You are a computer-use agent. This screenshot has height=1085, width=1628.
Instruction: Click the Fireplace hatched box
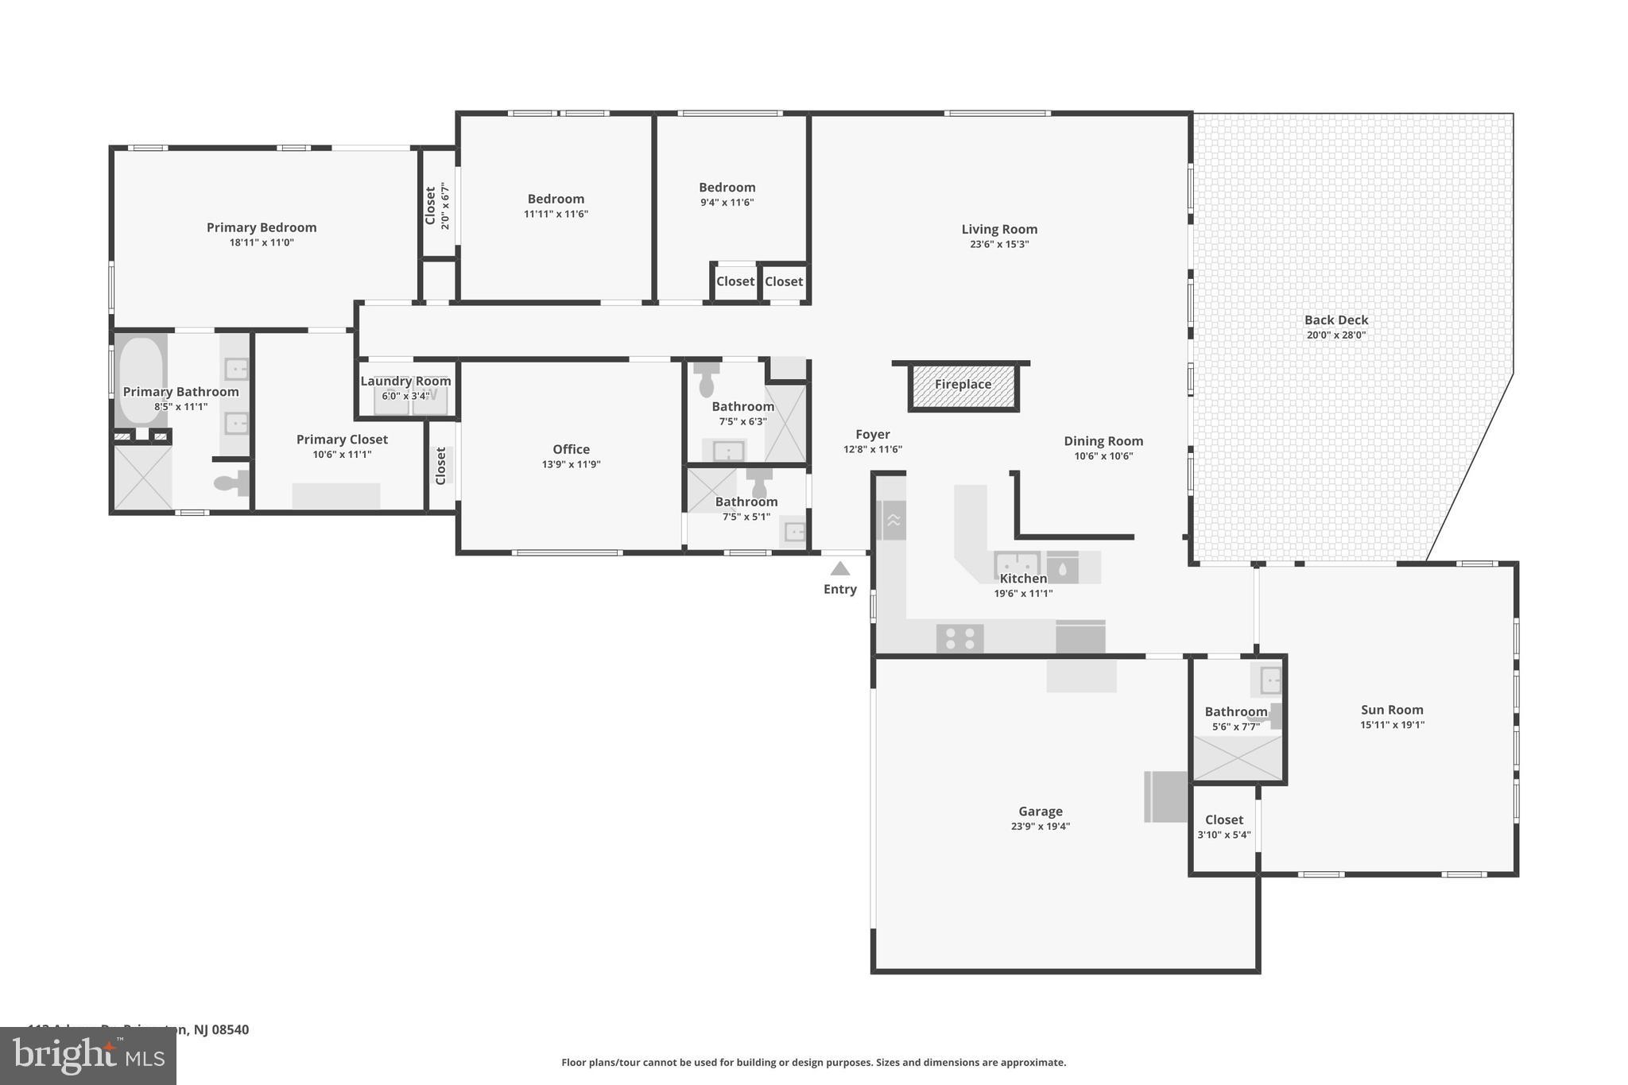[x=963, y=387]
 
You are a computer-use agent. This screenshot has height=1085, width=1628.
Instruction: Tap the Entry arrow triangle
[x=840, y=568]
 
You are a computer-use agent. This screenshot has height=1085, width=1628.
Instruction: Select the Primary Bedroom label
[x=262, y=227]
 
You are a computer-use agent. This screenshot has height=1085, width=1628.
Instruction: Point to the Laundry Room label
[x=405, y=381]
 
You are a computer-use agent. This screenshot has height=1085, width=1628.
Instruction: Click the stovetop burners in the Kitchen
[x=960, y=638]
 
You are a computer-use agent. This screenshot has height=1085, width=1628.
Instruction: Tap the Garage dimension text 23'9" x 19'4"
[x=1040, y=826]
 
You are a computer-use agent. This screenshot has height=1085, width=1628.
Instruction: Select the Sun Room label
[x=1391, y=710]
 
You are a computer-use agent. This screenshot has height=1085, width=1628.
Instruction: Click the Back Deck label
[x=1335, y=320]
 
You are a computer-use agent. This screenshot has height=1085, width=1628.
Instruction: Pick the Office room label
[x=571, y=449]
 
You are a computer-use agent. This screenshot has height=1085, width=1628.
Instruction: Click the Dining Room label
[x=1103, y=441]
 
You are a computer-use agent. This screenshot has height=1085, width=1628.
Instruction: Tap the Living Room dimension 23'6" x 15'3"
[x=999, y=244]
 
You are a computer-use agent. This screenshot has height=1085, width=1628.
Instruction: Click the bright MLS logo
[x=87, y=1056]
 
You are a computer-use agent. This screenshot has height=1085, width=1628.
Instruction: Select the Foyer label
[x=872, y=434]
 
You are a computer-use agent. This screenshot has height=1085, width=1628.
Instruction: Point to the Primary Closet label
[x=342, y=440]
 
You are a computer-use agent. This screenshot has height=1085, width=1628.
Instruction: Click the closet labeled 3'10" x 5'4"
[x=1223, y=827]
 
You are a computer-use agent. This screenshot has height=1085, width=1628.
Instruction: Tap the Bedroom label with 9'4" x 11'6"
[x=727, y=188]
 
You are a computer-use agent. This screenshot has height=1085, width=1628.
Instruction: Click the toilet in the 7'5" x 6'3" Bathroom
[x=706, y=382]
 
